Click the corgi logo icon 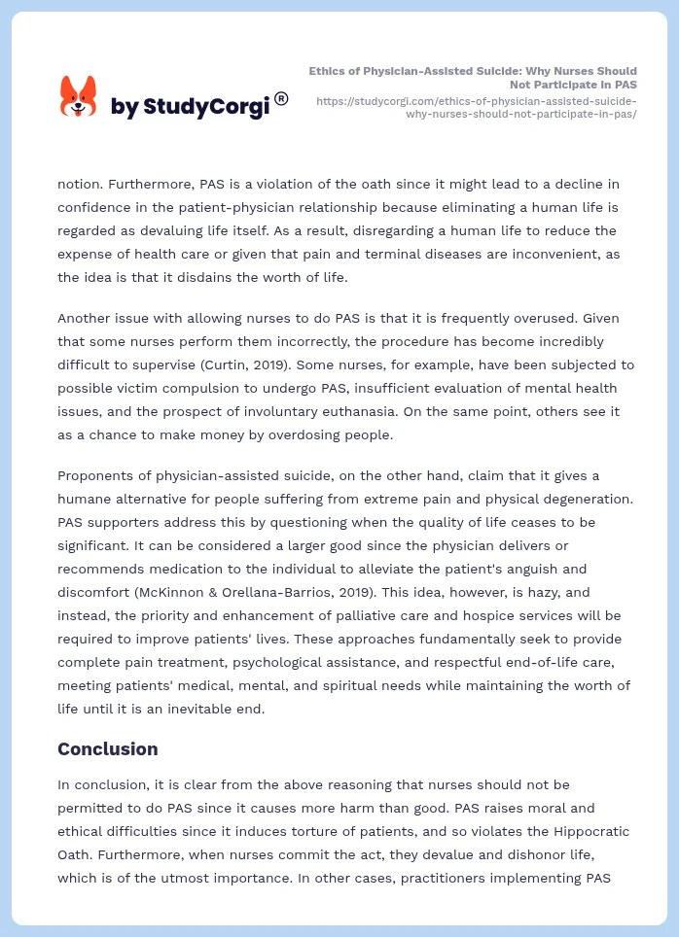point(79,97)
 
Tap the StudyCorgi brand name point(190,107)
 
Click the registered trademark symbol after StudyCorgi point(281,98)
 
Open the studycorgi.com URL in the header point(477,107)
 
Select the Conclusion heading point(107,749)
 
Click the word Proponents point(97,475)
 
